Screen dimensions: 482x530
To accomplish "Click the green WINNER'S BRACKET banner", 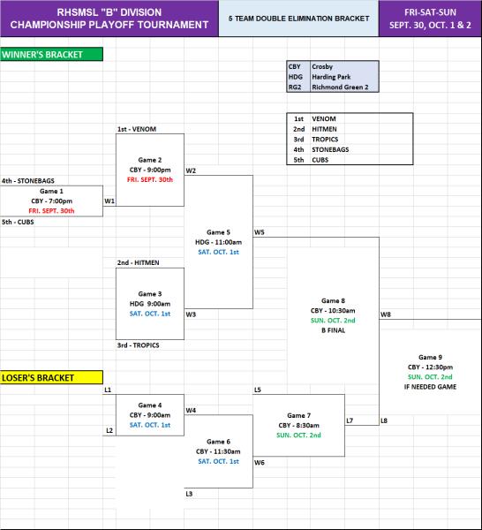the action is tap(51, 55).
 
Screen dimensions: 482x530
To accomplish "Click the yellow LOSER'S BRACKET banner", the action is tap(51, 377).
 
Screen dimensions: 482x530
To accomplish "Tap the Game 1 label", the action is tap(51, 192).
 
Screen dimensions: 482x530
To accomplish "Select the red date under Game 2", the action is tap(150, 180).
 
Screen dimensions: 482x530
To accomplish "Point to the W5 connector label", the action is tap(259, 232).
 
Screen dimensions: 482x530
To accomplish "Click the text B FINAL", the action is tap(333, 330).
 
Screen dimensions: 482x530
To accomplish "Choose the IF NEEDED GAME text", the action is tap(430, 387).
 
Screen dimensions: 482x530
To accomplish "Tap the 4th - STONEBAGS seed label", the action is tap(27, 181).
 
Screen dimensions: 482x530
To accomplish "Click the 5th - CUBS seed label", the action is tap(18, 222).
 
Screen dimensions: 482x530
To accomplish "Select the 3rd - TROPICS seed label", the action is tap(138, 345).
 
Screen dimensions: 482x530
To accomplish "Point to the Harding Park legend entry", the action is tap(331, 77).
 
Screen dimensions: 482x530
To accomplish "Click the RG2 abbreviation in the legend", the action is tap(295, 87).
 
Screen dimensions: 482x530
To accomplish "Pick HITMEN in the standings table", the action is tap(324, 129).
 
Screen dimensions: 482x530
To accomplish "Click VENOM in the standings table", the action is tap(324, 118).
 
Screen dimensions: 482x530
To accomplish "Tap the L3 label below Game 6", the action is tap(189, 494).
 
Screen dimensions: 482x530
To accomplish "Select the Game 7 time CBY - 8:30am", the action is tap(299, 425).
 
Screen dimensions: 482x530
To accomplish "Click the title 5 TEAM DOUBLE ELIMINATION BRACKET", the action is tap(298, 19).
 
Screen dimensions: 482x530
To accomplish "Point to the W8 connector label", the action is tap(386, 314).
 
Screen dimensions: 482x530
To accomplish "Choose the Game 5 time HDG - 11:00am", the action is tap(219, 242).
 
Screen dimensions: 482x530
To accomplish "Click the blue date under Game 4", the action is tap(150, 425).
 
